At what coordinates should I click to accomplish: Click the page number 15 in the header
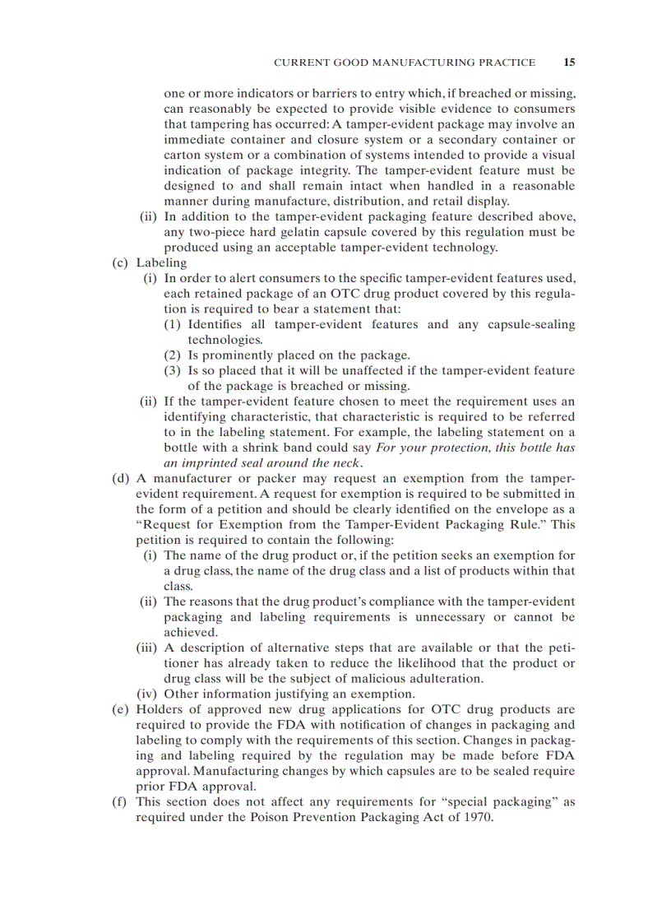click(569, 62)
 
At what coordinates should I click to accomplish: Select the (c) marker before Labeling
click(121, 262)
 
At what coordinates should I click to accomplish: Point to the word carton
click(182, 155)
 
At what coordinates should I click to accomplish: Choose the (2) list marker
click(172, 355)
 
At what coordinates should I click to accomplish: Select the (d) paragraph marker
click(121, 478)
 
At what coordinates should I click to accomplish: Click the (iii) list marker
click(147, 648)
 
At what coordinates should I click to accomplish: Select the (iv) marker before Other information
click(148, 694)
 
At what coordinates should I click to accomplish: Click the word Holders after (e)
click(160, 709)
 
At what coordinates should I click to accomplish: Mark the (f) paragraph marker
click(120, 801)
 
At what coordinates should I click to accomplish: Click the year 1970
click(474, 817)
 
